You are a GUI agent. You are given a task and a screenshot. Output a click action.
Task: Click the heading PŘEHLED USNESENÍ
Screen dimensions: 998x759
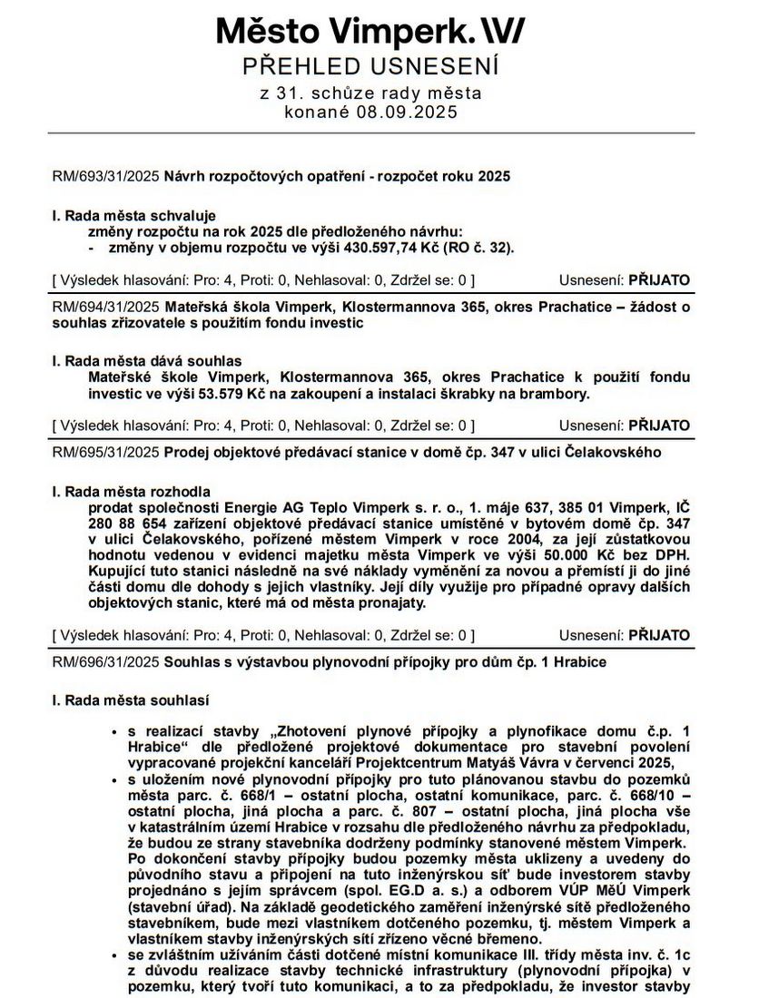click(370, 66)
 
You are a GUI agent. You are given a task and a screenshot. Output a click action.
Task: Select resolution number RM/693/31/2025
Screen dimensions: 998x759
click(105, 177)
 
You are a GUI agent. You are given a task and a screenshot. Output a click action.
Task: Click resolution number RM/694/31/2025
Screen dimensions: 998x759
click(105, 307)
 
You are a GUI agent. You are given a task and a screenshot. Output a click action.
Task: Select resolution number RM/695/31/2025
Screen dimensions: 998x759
click(105, 452)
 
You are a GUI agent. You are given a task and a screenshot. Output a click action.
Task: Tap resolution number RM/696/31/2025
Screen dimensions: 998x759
click(105, 662)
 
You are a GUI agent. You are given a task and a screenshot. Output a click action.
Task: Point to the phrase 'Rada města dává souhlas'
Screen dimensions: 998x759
click(147, 360)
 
